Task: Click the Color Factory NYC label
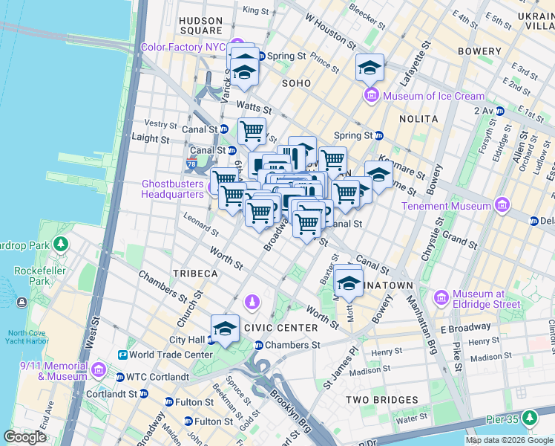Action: [183, 47]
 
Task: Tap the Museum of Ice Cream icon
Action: [371, 96]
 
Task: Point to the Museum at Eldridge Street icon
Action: [442, 298]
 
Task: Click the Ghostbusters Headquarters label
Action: [172, 189]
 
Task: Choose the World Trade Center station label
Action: [171, 355]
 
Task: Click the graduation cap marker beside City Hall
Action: [225, 328]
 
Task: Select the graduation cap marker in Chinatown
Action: [348, 282]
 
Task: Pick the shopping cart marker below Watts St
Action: [252, 132]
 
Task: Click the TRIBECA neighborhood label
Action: [195, 274]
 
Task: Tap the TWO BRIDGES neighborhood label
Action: [382, 400]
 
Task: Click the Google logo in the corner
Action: [24, 437]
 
